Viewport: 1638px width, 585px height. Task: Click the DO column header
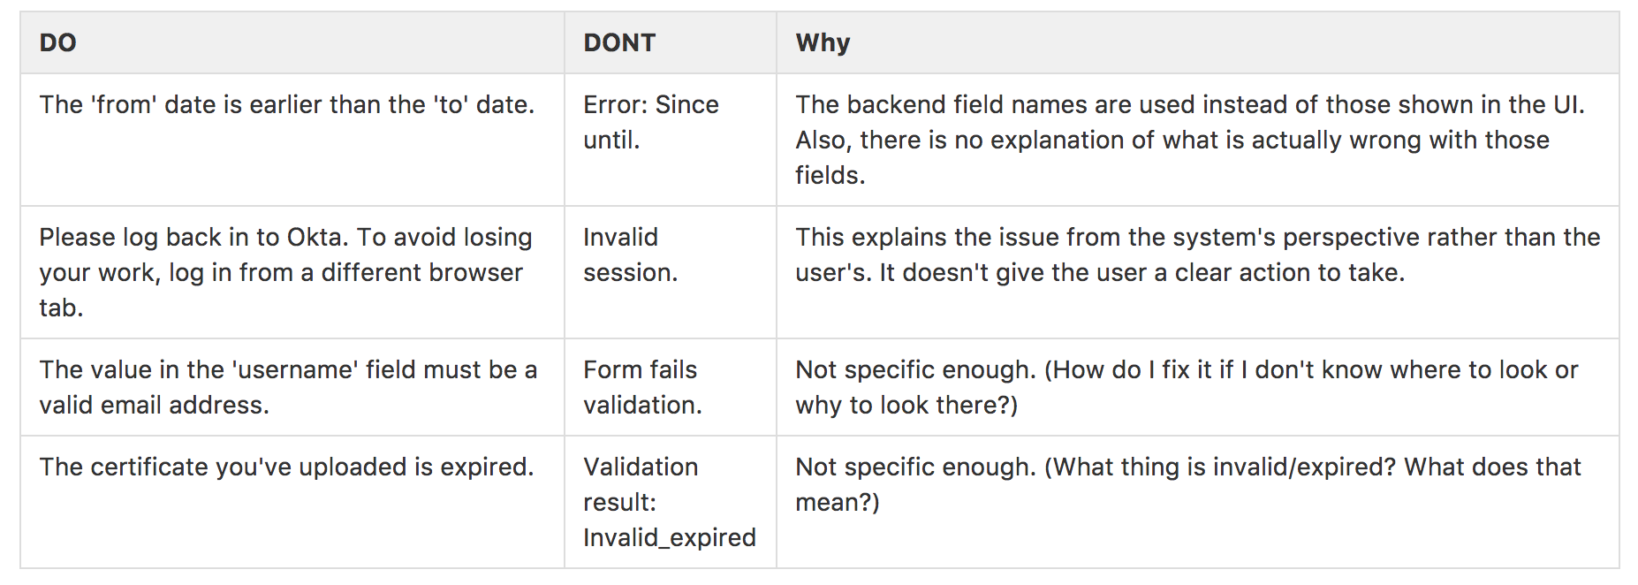coord(58,42)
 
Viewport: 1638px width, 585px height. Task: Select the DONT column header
coord(619,42)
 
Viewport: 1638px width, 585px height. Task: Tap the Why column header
coord(823,42)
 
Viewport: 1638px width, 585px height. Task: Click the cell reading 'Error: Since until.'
coord(650,122)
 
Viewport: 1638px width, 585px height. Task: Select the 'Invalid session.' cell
coord(630,255)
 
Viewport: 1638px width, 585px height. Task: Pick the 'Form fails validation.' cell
coord(641,387)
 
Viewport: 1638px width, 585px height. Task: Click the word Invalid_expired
coord(669,537)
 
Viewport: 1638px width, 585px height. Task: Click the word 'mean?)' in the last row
coord(837,502)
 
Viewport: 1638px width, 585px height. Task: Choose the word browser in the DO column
coord(478,272)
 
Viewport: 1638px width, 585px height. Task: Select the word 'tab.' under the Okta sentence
coord(61,308)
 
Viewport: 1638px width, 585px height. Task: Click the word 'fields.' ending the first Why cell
coord(830,175)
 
